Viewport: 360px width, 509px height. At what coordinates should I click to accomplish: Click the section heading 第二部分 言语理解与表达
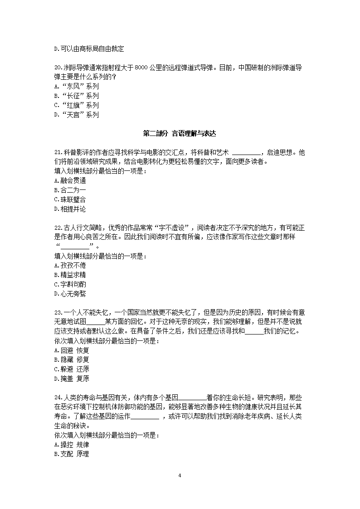tap(180, 134)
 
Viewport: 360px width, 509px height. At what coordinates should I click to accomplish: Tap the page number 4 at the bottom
tap(180, 475)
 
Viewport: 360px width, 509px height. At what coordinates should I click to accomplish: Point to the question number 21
tap(58, 152)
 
